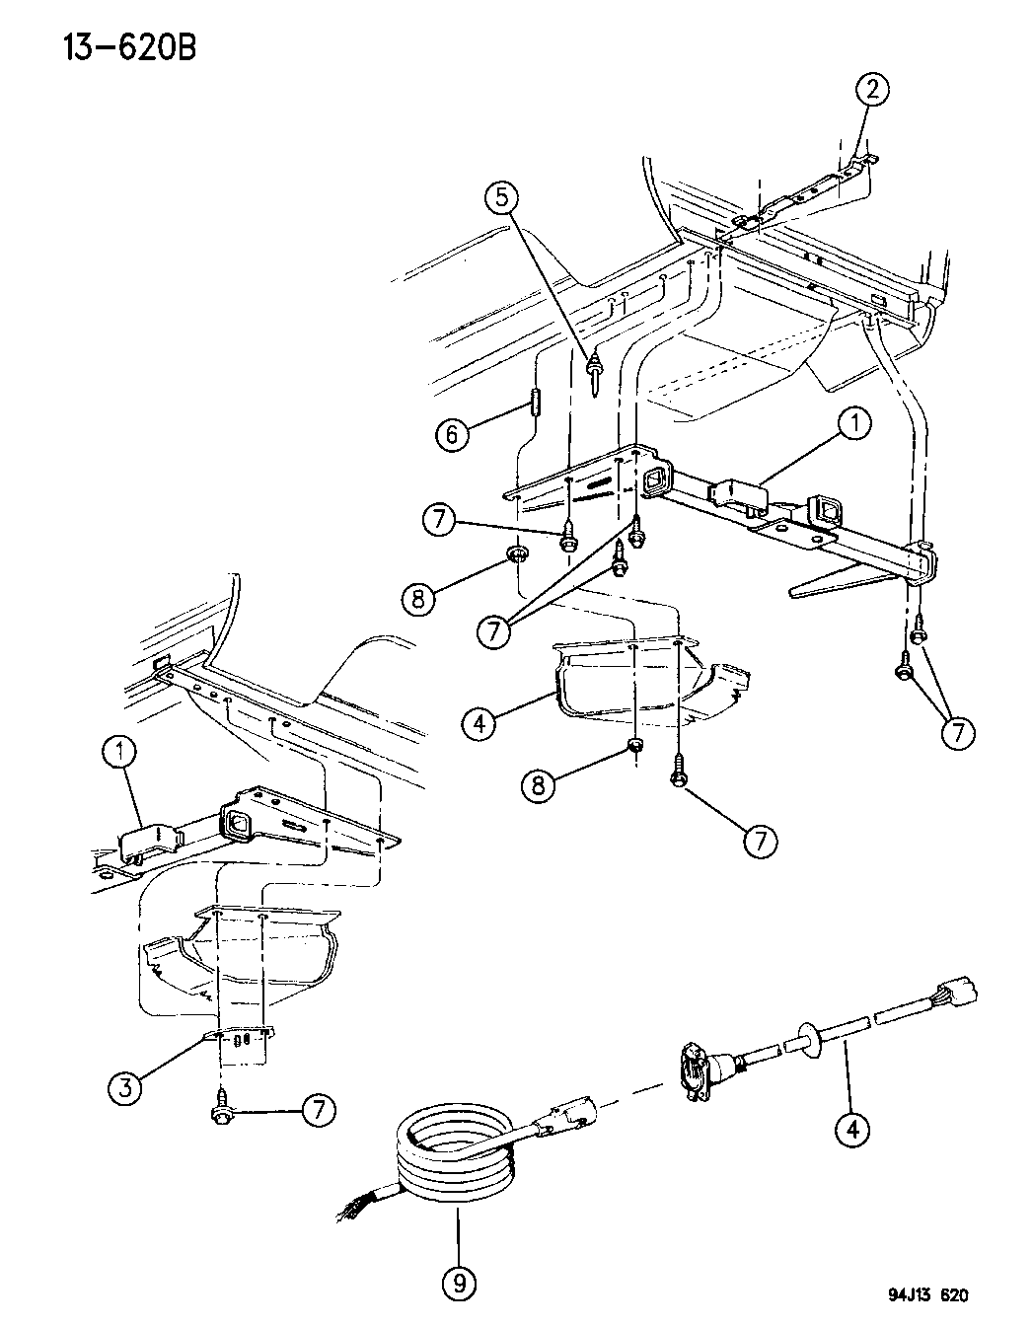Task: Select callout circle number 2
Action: [x=871, y=92]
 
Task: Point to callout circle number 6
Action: [x=453, y=435]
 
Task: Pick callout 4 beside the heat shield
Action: [x=479, y=723]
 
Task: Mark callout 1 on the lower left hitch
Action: [x=120, y=754]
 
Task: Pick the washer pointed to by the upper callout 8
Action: [x=518, y=554]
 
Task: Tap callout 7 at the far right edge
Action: [x=958, y=733]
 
